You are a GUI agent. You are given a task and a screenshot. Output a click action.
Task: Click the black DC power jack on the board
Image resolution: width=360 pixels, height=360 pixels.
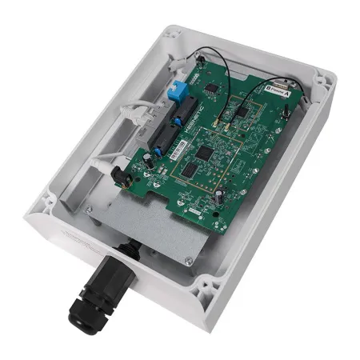[118, 174]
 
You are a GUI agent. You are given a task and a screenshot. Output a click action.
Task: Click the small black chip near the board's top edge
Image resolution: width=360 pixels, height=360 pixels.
[212, 87]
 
